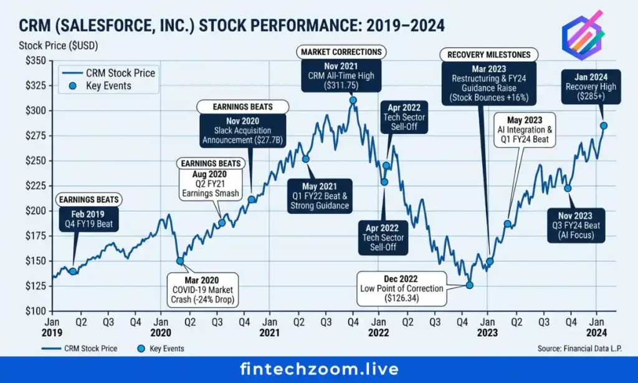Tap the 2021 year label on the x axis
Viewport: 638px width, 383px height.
[x=269, y=333]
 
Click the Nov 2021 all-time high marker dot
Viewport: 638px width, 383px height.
[x=353, y=100]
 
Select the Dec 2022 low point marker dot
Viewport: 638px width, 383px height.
[x=469, y=285]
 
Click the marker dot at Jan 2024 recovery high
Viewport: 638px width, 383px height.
[x=603, y=125]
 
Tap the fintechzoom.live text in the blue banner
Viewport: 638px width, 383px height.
[x=319, y=369]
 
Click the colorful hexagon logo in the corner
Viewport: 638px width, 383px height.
[x=584, y=36]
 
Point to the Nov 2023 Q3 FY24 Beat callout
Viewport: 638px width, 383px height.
[x=577, y=225]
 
